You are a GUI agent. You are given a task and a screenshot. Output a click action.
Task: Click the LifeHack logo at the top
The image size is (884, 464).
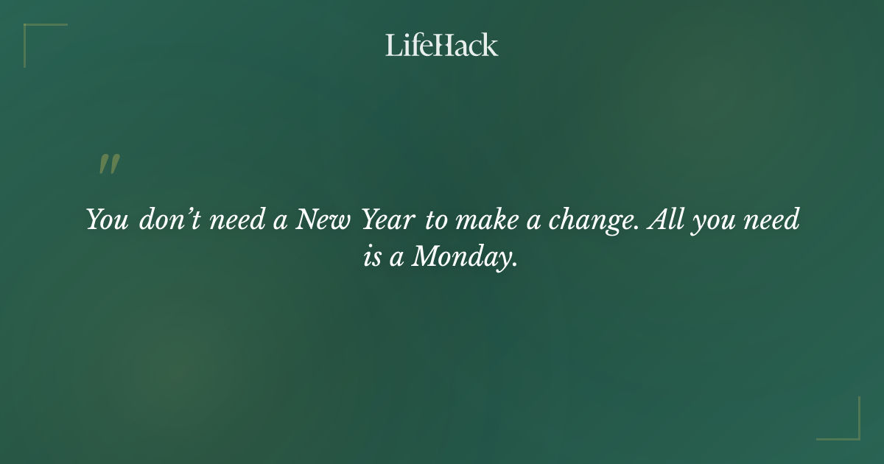[x=442, y=45]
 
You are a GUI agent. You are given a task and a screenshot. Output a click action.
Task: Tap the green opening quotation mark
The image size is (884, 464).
[x=108, y=164]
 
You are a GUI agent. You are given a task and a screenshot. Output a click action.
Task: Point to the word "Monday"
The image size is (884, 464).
[x=459, y=257]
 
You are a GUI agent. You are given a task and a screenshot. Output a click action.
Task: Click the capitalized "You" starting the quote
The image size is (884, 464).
[x=108, y=220]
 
